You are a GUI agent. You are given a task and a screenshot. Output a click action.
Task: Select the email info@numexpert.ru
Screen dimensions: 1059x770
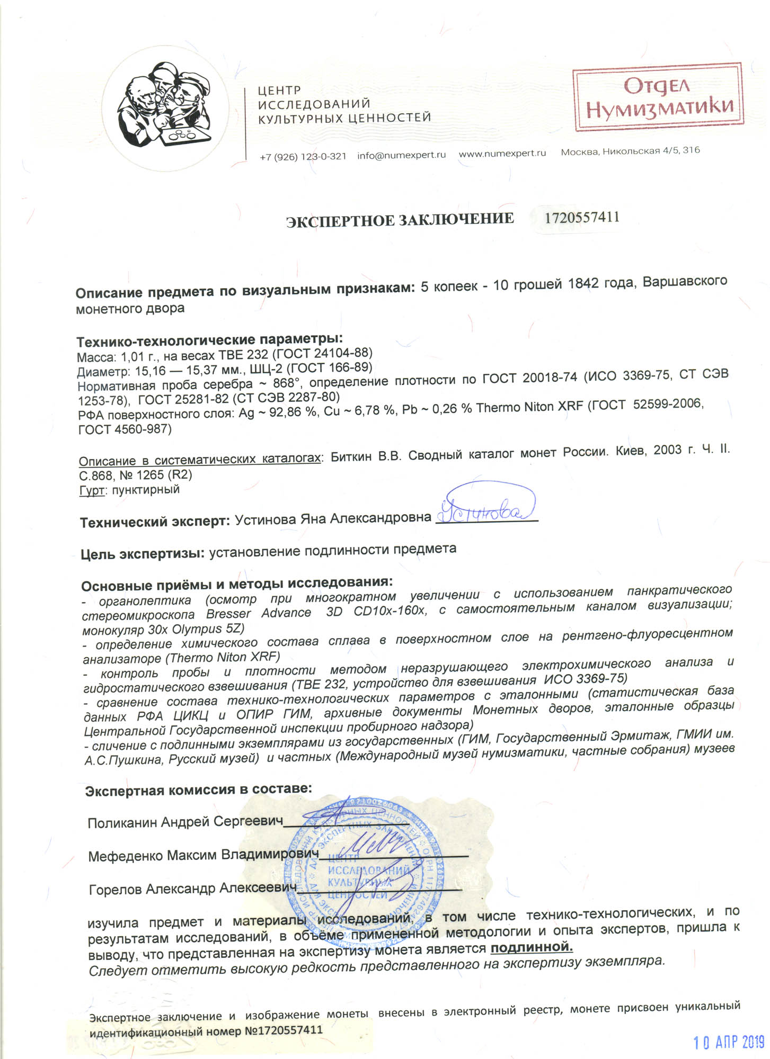point(401,155)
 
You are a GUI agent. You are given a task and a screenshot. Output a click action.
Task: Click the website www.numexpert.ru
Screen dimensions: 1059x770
point(502,154)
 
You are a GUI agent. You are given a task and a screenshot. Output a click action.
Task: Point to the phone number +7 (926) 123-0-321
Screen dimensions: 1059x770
point(303,157)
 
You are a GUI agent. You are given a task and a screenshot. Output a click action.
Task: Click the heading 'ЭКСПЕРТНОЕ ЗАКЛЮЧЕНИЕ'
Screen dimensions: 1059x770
point(400,219)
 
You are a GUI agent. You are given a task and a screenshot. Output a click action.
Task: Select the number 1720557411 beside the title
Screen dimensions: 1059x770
point(582,217)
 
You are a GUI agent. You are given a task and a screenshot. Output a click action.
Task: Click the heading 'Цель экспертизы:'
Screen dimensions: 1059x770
point(143,554)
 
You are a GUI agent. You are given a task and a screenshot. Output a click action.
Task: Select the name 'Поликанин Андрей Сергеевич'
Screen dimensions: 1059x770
point(185,822)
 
